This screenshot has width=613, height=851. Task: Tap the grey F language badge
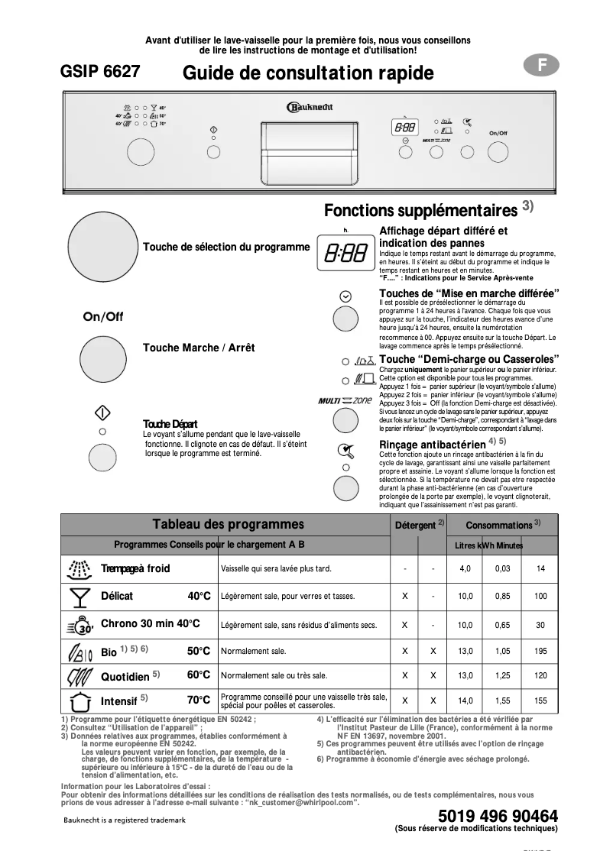point(542,66)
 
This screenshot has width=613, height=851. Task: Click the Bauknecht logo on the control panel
point(310,108)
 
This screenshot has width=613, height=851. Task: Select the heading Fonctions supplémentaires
point(421,209)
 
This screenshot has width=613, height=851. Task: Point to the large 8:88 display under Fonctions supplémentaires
point(345,253)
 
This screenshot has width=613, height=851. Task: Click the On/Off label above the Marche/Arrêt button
point(102,317)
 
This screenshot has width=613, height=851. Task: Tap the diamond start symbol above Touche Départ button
point(102,413)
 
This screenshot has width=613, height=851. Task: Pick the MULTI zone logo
point(345,400)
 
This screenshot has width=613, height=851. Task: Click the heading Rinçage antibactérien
point(433,444)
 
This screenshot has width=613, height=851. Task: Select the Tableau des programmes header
point(228,524)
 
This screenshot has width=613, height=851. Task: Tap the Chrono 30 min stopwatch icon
point(79,624)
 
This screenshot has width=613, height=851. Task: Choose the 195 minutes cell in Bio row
point(540,651)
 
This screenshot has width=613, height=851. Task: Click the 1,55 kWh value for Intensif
point(502,701)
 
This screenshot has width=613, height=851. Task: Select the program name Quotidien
point(125,676)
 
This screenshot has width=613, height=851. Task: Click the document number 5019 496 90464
point(498,815)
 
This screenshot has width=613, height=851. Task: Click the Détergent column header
point(416,525)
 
